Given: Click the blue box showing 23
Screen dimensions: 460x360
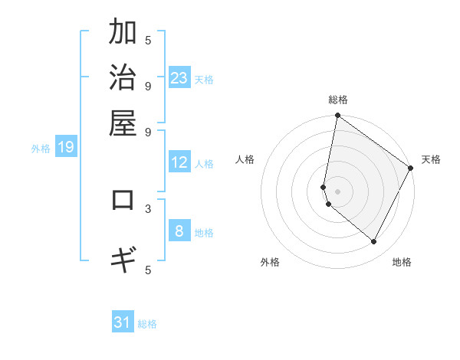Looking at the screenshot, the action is (x=179, y=78).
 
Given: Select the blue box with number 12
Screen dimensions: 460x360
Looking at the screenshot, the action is (x=179, y=162).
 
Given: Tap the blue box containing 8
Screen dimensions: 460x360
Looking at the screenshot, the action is (x=179, y=231).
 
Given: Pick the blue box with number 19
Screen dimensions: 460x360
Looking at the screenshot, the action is (x=66, y=147).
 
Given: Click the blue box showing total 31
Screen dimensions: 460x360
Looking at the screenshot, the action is (x=123, y=322).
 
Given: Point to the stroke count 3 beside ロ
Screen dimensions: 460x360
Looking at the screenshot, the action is (x=148, y=208).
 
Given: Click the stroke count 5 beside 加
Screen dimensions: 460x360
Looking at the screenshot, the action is (x=148, y=40).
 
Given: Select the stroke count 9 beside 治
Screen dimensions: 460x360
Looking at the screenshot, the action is (x=148, y=85).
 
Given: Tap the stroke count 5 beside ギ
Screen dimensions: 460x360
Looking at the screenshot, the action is (x=148, y=269).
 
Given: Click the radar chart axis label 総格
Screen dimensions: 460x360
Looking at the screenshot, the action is (x=337, y=100).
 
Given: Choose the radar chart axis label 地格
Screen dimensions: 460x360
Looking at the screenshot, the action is (x=402, y=262).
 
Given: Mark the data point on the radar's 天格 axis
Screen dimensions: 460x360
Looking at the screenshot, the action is (x=411, y=168).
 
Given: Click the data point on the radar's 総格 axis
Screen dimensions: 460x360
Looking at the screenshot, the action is (x=337, y=116).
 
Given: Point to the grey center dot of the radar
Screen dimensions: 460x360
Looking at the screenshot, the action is (x=337, y=191).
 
